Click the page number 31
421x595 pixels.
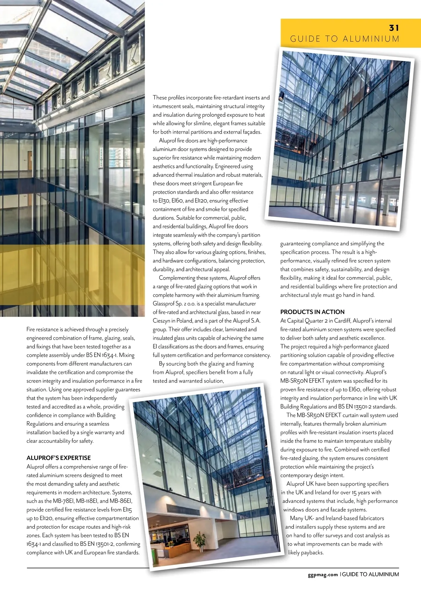(x=394, y=28)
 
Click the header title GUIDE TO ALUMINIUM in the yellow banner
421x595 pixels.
(x=345, y=39)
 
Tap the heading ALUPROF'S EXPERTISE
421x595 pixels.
(x=59, y=458)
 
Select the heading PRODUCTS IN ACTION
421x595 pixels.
(x=312, y=312)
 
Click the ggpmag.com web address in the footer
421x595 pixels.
(x=323, y=574)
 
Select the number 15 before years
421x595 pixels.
(x=354, y=493)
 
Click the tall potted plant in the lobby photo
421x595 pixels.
(x=200, y=540)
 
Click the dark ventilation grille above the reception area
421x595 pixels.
(x=179, y=509)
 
